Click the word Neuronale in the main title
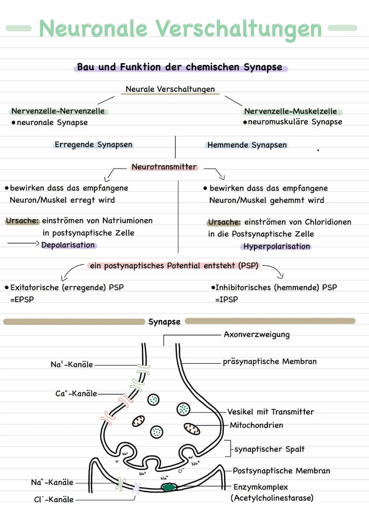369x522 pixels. tap(93, 29)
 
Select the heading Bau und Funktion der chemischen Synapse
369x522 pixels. tap(180, 67)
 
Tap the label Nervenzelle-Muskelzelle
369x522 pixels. tap(290, 111)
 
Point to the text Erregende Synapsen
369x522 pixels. tap(93, 144)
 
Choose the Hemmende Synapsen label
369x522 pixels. tap(247, 145)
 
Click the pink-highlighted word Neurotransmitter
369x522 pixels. tap(164, 167)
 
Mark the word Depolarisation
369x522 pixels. tap(68, 245)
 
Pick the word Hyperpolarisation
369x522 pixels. tap(277, 246)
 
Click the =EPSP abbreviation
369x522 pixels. tap(22, 300)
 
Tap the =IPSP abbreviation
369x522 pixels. tap(226, 300)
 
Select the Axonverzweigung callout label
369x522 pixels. tap(257, 334)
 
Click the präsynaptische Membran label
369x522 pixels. tap(270, 362)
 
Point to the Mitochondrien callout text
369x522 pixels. tap(256, 425)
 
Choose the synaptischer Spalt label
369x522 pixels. tap(270, 449)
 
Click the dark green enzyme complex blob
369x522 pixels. tap(169, 487)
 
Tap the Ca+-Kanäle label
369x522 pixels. tap(76, 394)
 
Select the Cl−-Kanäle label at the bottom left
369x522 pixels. tap(53, 500)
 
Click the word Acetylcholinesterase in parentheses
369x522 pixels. tap(272, 498)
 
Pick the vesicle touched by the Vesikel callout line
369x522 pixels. tap(183, 408)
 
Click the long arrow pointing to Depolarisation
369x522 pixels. tap(23, 244)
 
